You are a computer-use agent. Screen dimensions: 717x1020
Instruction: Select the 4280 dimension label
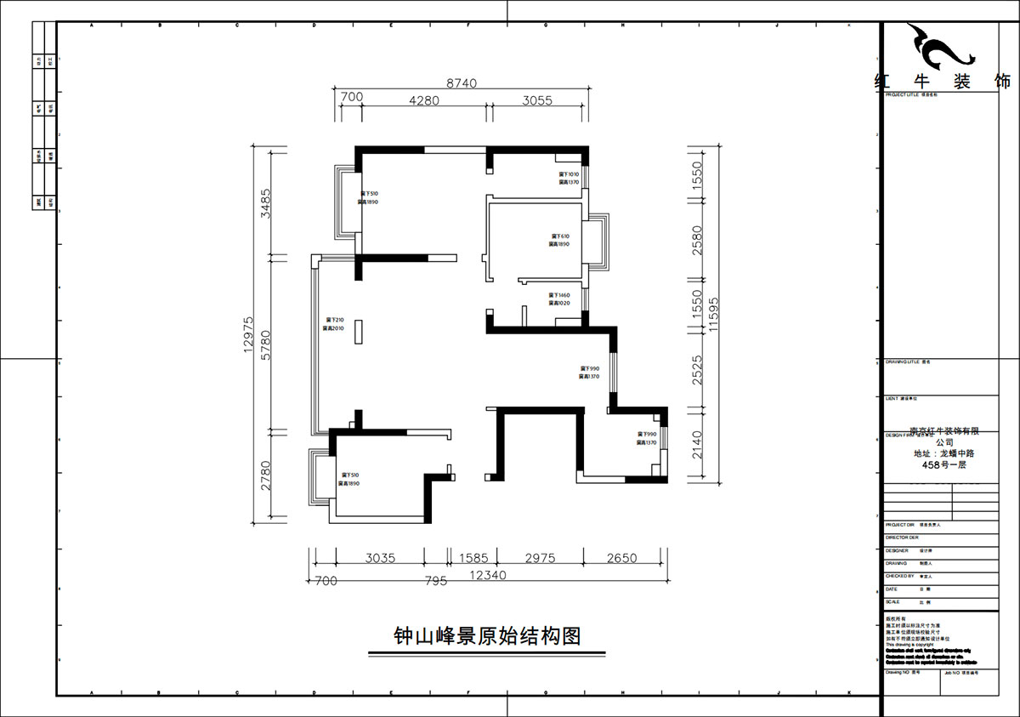pos(423,100)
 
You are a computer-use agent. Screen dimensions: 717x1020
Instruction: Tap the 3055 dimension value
pos(537,100)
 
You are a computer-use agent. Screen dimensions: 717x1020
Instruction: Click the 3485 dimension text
pos(266,204)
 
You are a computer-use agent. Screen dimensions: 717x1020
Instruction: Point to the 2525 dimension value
pos(697,371)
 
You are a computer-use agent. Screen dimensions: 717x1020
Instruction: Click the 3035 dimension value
pos(380,559)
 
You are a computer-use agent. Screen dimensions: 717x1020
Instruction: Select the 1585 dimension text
pos(474,559)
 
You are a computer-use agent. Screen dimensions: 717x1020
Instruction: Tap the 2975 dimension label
pos(540,559)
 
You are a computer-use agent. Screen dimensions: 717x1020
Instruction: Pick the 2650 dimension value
pos(621,559)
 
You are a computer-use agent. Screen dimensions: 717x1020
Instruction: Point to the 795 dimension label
pos(434,581)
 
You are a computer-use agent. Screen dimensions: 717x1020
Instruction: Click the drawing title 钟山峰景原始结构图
pos(486,636)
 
